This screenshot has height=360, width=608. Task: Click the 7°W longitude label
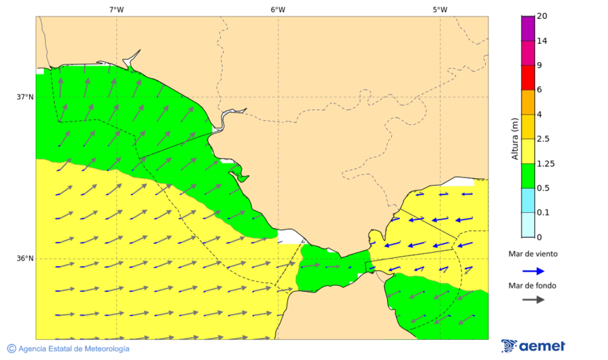116,9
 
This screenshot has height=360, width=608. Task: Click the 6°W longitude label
278,9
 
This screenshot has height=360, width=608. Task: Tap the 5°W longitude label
440,9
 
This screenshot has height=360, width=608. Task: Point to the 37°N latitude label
25,97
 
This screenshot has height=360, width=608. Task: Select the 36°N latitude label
25,259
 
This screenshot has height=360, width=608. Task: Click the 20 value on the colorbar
542,16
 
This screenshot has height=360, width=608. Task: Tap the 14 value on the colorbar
542,41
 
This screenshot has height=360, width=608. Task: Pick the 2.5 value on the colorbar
543,139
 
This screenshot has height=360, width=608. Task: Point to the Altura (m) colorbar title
515,138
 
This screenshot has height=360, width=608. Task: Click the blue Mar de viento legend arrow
533,271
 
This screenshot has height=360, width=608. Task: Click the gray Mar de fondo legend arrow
533,299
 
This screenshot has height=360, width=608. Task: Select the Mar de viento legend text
533,254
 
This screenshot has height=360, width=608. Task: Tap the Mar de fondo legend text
533,286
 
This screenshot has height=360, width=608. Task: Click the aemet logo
533,346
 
